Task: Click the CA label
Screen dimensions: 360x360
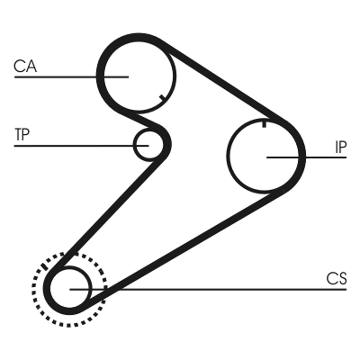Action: click(x=25, y=66)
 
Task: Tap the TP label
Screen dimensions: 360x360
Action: click(x=22, y=135)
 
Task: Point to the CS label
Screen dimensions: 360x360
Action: click(x=337, y=279)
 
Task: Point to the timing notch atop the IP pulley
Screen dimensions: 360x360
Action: click(x=264, y=122)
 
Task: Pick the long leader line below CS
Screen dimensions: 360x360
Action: click(x=225, y=289)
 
